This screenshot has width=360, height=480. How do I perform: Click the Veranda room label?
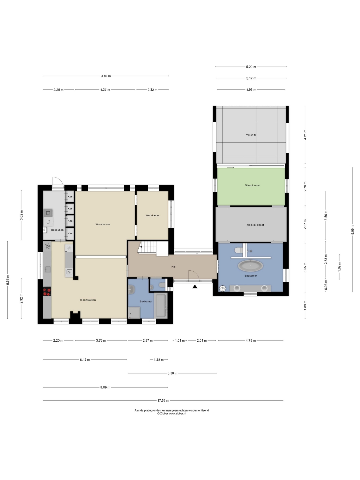coord(251,135)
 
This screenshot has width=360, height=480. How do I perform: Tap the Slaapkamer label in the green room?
coord(252,185)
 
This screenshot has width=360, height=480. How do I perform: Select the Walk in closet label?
coord(255,225)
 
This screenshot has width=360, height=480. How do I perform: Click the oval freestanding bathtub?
coord(250,266)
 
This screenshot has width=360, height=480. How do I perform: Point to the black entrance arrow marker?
coord(195,286)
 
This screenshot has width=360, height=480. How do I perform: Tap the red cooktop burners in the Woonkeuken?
coord(47,291)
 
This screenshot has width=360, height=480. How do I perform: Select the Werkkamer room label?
coord(153,215)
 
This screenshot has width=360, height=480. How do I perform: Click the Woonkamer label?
coord(103,224)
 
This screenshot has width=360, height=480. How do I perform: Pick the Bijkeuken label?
coord(57,230)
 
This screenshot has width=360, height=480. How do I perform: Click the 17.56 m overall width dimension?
coord(163,401)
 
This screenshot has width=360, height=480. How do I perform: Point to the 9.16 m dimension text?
coord(106,76)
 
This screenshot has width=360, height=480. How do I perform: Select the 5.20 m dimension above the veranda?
coord(251,67)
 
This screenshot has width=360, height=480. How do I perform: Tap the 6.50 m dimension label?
coord(172,373)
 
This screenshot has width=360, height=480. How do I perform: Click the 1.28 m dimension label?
coord(159,360)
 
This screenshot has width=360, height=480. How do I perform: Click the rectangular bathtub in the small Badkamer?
coord(161,306)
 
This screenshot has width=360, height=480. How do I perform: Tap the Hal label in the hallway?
coord(173,267)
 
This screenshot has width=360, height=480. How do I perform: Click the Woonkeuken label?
coord(88,300)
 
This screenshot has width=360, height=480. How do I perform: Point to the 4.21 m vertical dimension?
coord(305,135)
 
